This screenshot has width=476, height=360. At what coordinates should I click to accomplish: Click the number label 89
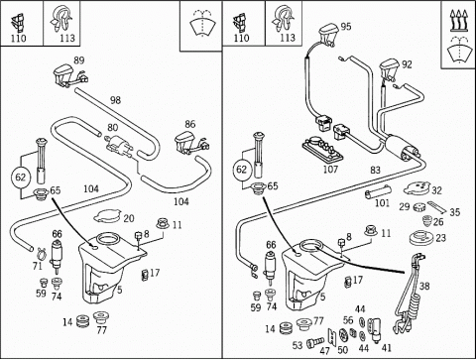click(79, 60)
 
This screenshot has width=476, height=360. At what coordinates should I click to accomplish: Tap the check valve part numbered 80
click(118, 146)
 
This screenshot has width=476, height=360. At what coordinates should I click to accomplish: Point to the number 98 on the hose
click(115, 100)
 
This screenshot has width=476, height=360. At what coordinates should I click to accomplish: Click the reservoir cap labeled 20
click(106, 217)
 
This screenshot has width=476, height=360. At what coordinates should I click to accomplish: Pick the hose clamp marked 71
click(42, 254)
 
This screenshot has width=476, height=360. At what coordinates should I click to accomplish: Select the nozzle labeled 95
click(328, 34)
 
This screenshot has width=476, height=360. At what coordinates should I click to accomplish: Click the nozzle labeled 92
click(389, 69)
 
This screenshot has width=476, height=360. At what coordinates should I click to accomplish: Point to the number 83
click(375, 170)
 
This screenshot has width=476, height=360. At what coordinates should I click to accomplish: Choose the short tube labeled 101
click(378, 192)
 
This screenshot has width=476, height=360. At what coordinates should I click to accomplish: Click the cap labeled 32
click(416, 188)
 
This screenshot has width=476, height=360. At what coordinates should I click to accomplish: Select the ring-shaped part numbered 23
click(422, 238)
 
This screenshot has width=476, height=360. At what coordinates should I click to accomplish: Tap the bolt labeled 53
click(315, 343)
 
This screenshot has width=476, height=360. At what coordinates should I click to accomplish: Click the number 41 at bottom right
click(386, 348)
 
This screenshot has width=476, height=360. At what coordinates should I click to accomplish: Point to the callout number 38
click(424, 286)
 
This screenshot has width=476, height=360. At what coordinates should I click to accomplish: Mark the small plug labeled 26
click(428, 221)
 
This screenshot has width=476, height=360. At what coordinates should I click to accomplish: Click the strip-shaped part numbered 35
click(437, 207)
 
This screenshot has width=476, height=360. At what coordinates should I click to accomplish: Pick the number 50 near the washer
click(343, 349)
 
